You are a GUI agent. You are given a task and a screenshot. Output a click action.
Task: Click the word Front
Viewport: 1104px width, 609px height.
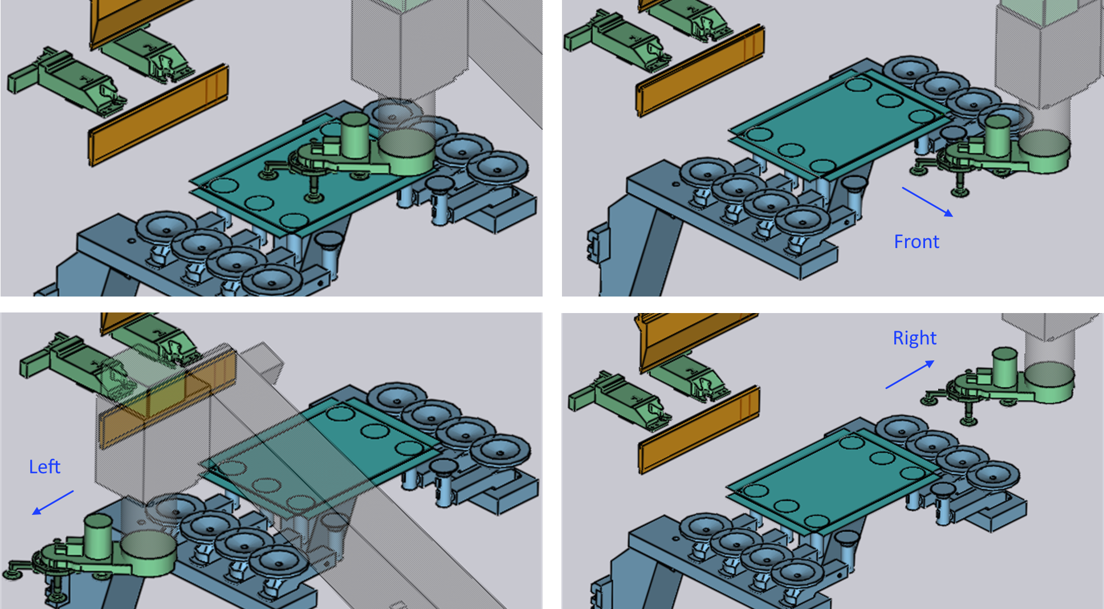(x=916, y=242)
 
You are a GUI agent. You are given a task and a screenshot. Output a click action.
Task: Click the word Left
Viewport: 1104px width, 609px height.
(x=44, y=467)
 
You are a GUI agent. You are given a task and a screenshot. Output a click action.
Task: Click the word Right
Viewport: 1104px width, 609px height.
(x=914, y=338)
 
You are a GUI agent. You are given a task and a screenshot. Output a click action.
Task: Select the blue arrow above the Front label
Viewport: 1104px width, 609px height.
(x=927, y=202)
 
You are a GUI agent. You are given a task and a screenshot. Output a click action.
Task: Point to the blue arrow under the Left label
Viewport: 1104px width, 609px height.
(x=52, y=502)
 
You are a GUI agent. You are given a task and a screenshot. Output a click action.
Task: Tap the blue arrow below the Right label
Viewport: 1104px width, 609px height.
(x=910, y=374)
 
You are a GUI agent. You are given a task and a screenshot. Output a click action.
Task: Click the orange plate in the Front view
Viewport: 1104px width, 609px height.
(x=700, y=70)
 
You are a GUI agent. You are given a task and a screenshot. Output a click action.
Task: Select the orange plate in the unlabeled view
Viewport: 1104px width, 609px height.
(x=158, y=115)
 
